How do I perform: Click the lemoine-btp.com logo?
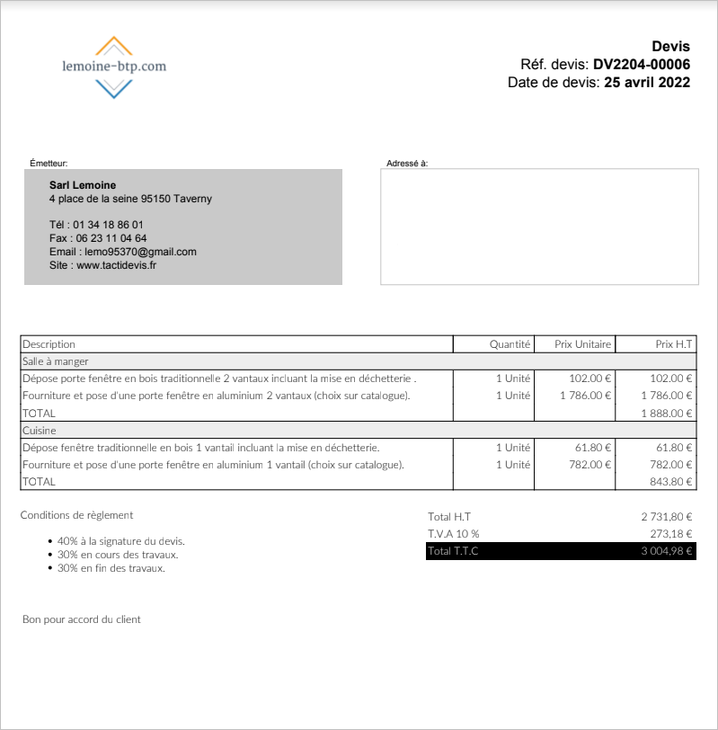pos(114,67)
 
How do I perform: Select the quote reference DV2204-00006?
pos(641,65)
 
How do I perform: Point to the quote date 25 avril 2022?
pos(647,83)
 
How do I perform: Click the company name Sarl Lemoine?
pos(83,185)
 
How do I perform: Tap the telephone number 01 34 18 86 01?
pos(108,225)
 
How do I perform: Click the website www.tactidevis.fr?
pos(116,265)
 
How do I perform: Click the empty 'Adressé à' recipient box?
pos(539,227)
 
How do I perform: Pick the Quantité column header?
pos(510,344)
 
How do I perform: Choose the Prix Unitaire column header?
pos(582,344)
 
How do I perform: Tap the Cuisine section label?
pos(40,431)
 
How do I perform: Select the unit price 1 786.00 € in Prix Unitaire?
pos(585,396)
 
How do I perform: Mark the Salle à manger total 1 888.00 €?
pos(667,414)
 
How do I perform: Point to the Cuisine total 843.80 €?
pos(671,482)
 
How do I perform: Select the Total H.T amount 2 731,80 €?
pos(666,517)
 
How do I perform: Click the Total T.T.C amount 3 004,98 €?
pos(666,551)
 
